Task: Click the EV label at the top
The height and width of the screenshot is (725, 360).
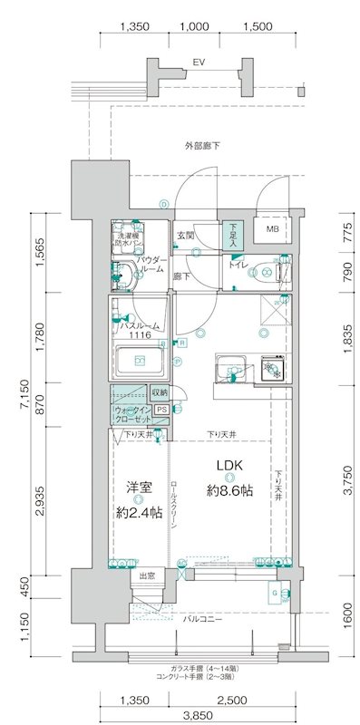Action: point(196,63)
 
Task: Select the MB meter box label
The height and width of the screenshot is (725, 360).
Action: point(271,229)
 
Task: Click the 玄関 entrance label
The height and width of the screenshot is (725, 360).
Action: point(185,235)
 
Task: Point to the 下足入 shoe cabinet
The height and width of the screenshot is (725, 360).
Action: point(233,235)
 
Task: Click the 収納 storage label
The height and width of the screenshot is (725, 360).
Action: point(160,392)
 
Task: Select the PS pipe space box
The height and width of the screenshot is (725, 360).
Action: point(161,410)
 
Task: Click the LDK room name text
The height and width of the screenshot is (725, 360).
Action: point(229,467)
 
